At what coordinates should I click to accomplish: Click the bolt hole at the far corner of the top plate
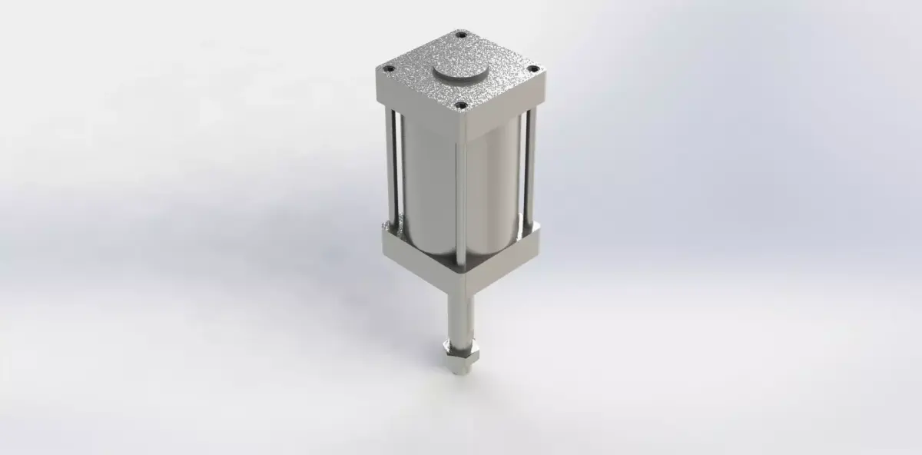click(x=461, y=35)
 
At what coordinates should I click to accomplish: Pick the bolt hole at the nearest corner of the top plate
click(x=461, y=106)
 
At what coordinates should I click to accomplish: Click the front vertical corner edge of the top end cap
click(x=461, y=122)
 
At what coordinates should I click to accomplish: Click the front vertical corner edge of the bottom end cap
click(x=462, y=281)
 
